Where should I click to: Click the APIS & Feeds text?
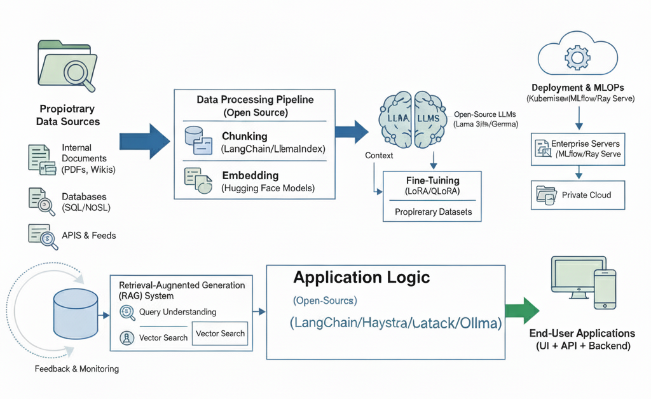[x=88, y=235]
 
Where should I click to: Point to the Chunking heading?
[x=244, y=137]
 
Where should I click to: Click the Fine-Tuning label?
[x=432, y=180]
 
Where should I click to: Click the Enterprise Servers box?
[x=578, y=149]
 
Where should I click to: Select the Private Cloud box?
[x=578, y=195]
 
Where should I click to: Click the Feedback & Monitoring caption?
[x=76, y=369]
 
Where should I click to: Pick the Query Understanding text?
[x=177, y=312]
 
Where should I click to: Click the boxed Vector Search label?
[x=220, y=334]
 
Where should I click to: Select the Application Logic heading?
[x=361, y=278]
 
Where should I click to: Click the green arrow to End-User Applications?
[x=521, y=311]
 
